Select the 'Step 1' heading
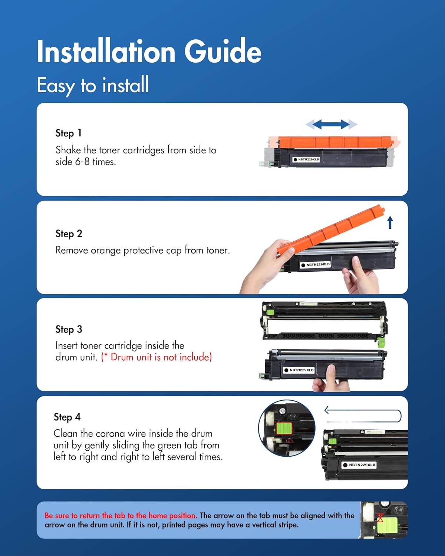[69, 133]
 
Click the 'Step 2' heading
[69, 234]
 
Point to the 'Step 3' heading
[69, 330]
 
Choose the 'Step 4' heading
[67, 417]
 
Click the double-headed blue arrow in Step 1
[331, 124]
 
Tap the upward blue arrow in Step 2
[390, 222]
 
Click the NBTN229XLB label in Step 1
[306, 159]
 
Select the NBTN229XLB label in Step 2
[315, 265]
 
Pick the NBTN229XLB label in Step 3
[299, 370]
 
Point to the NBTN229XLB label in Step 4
[359, 465]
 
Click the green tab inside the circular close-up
[284, 428]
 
